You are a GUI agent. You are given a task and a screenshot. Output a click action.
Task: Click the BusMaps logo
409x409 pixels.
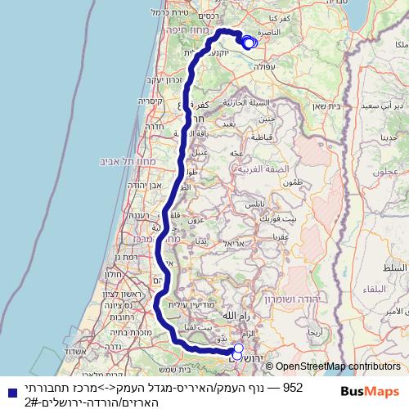point(371,391)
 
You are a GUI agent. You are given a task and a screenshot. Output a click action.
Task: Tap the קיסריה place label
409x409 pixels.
point(151,101)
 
